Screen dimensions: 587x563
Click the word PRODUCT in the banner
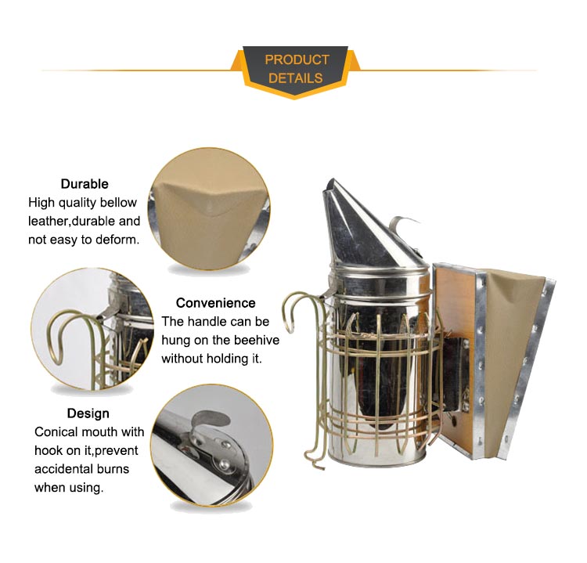click(297, 60)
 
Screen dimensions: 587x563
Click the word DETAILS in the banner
click(295, 78)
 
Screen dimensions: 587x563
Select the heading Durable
click(85, 184)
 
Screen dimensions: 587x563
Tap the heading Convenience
click(216, 303)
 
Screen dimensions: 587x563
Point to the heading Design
click(88, 413)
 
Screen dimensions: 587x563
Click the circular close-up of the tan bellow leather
click(209, 208)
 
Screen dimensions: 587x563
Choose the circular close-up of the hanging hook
click(93, 329)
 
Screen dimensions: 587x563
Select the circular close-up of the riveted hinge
click(212, 446)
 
